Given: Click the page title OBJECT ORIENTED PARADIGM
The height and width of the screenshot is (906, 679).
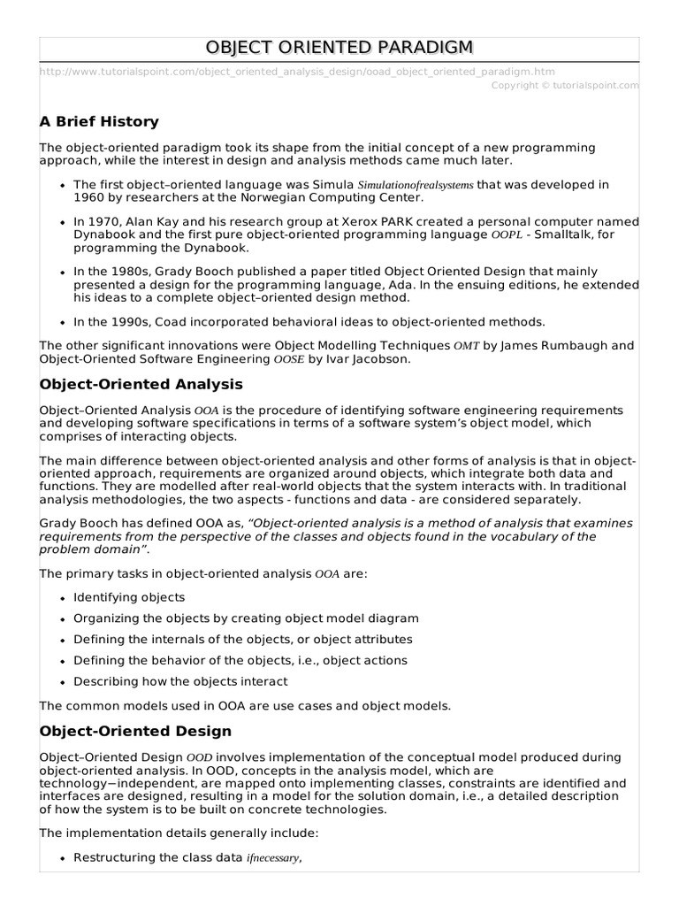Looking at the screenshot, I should [x=339, y=47].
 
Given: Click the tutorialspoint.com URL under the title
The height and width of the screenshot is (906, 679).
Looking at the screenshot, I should [x=298, y=71].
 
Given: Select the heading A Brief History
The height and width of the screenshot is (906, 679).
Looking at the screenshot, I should [x=99, y=121].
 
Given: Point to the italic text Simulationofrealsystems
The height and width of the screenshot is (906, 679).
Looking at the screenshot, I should [x=416, y=185].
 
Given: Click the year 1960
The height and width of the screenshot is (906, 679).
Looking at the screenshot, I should [x=90, y=197].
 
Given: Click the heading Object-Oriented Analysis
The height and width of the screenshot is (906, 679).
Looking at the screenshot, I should [x=141, y=385].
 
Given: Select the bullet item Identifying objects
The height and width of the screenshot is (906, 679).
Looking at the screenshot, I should [x=129, y=597].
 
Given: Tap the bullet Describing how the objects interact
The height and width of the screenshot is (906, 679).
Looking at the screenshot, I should [x=180, y=681].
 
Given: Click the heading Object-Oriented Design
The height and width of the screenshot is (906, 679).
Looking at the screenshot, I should [x=136, y=731].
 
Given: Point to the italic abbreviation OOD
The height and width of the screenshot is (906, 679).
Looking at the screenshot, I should [x=198, y=758].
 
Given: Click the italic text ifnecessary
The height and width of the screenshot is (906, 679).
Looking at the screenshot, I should [x=273, y=858].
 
